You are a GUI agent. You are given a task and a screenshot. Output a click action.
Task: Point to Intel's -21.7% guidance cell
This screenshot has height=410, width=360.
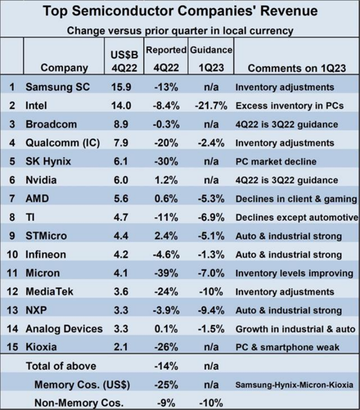(x=210, y=105)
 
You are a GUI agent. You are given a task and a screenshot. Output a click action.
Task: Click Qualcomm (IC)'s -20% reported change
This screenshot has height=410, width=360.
(x=167, y=143)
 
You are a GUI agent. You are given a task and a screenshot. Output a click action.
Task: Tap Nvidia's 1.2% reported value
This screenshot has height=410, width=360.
(x=167, y=180)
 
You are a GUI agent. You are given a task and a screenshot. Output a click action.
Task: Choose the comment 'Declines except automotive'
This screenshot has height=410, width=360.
(x=296, y=217)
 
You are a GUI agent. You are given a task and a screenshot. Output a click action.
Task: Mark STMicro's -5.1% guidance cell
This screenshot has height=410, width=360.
(x=210, y=236)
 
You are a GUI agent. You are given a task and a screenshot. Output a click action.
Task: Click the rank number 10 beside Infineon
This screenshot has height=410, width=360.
(x=12, y=254)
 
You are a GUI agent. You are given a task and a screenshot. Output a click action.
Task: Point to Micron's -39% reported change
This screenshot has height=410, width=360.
(x=167, y=273)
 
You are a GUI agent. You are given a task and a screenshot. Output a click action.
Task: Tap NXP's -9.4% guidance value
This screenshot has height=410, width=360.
(x=210, y=310)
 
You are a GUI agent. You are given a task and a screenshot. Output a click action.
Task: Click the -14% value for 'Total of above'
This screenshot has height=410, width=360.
(x=167, y=366)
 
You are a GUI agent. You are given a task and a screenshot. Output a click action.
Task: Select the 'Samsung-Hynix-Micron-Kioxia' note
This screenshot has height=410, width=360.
(x=294, y=385)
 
